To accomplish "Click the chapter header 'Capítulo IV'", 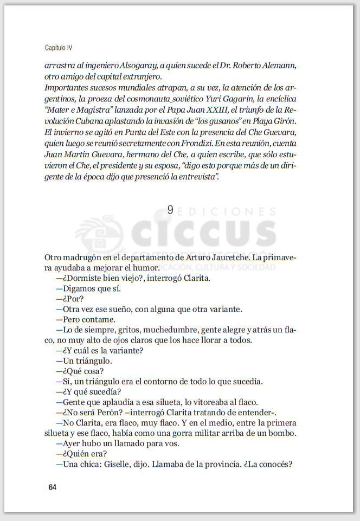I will click(x=58, y=48).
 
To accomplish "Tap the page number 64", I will click(x=52, y=487).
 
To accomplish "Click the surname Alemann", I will click(x=278, y=66).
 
